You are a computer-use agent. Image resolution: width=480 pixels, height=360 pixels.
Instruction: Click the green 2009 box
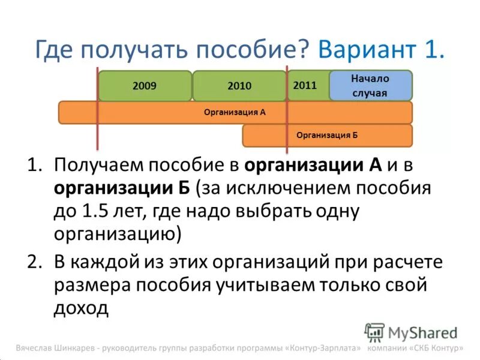coord(145,86)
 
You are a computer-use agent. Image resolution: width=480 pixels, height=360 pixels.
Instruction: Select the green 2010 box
coord(239,86)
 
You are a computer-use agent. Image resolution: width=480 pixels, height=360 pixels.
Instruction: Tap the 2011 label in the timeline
coord(305,85)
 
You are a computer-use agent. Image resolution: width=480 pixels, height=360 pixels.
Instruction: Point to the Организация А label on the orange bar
coord(235,112)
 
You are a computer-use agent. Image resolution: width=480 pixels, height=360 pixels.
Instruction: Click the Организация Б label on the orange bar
coord(327,136)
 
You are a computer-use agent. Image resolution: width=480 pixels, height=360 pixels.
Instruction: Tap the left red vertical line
coord(97,108)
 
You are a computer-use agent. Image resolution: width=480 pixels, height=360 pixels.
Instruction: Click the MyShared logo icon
coord(375,332)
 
